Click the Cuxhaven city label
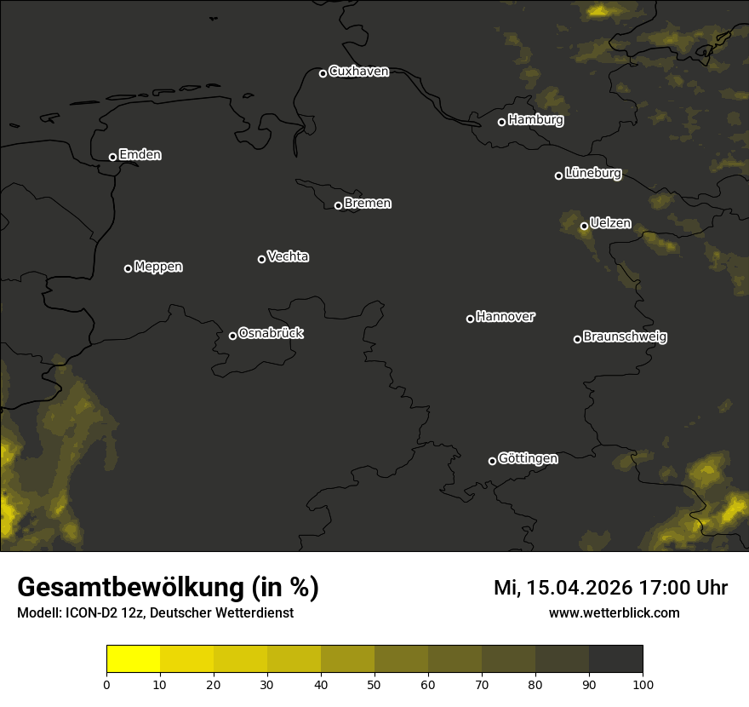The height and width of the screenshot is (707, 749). [358, 72]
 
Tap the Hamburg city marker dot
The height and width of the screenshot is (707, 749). [501, 122]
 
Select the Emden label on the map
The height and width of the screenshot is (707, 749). [140, 155]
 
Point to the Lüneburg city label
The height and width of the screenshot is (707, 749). [592, 174]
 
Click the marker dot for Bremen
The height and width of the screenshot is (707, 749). [338, 205]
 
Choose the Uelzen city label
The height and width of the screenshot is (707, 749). [610, 224]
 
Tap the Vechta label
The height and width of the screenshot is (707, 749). [288, 256]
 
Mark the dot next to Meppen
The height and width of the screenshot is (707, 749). [128, 268]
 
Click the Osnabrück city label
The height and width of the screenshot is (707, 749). [271, 333]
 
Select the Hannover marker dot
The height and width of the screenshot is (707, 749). [470, 319]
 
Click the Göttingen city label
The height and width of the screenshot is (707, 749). [528, 459]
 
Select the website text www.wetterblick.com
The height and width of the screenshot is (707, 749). [614, 612]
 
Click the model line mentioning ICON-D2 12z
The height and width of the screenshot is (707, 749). [155, 613]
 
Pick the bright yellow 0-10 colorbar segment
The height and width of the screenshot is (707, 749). [133, 658]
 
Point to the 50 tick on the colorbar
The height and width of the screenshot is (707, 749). [374, 684]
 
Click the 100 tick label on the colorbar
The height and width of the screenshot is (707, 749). [643, 684]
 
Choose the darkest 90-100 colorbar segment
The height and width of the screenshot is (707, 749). [615, 658]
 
